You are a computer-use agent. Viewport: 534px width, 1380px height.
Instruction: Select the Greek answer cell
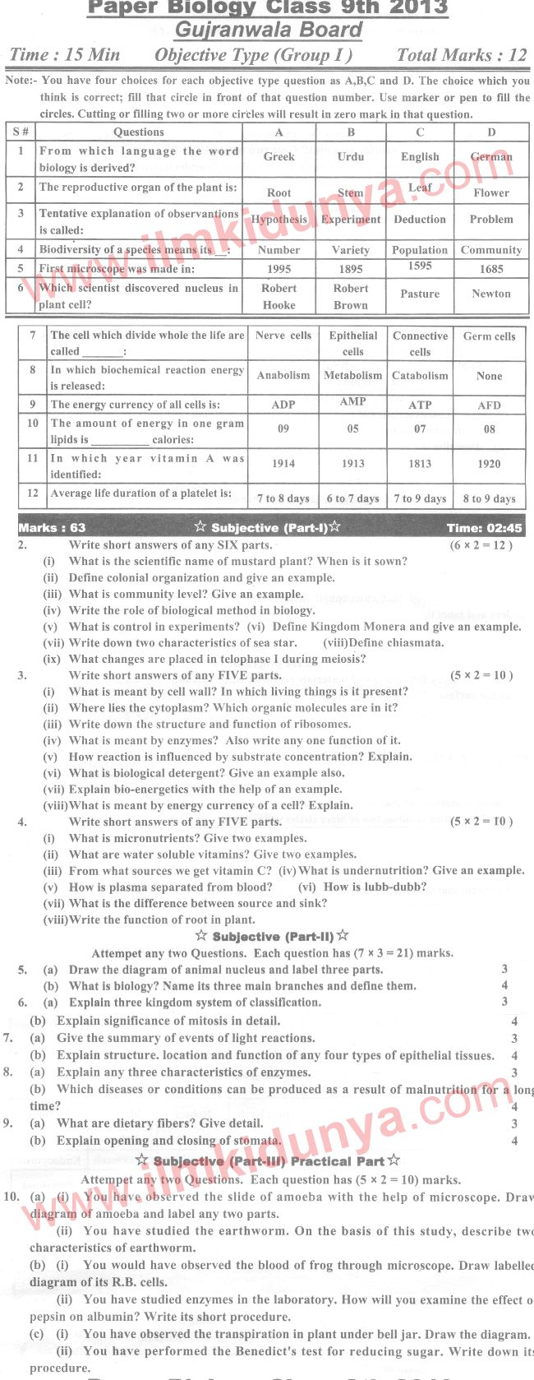pyautogui.click(x=279, y=156)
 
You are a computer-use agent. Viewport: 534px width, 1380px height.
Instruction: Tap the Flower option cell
pyautogui.click(x=491, y=192)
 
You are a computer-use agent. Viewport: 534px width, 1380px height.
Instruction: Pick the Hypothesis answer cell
pyautogui.click(x=279, y=220)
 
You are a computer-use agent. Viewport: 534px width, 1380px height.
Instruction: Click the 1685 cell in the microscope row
pyautogui.click(x=491, y=269)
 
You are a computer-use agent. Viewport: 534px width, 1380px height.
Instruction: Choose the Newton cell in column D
pyautogui.click(x=491, y=294)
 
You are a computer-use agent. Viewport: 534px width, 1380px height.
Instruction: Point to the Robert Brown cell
pyautogui.click(x=351, y=297)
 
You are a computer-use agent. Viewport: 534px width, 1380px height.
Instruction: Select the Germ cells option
pyautogui.click(x=489, y=336)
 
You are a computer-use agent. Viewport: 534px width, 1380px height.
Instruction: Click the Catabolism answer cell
pyautogui.click(x=420, y=376)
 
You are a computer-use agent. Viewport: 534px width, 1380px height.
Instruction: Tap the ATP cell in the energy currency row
pyautogui.click(x=420, y=405)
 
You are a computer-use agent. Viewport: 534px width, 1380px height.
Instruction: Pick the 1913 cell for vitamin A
pyautogui.click(x=352, y=464)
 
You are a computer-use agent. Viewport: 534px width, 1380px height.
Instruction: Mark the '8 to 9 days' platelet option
pyautogui.click(x=489, y=498)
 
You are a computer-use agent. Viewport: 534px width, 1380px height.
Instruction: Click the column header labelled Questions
pyautogui.click(x=139, y=132)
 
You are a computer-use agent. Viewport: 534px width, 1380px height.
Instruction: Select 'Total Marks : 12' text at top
pyautogui.click(x=461, y=56)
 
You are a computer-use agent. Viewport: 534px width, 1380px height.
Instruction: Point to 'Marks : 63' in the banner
pyautogui.click(x=52, y=528)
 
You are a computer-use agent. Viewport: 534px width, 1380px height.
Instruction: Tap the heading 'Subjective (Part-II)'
pyautogui.click(x=272, y=937)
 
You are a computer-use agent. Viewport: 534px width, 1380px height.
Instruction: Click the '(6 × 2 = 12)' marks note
pyautogui.click(x=481, y=545)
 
